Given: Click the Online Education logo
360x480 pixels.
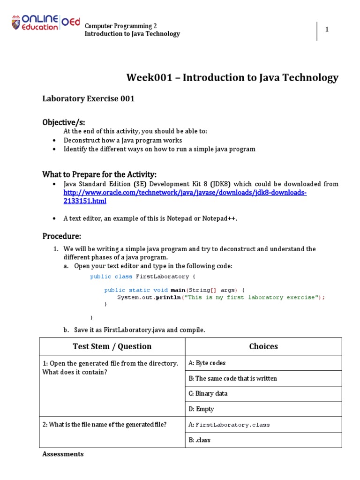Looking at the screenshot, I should pyautogui.click(x=45, y=23).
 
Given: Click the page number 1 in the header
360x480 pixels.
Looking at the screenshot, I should pyautogui.click(x=327, y=30).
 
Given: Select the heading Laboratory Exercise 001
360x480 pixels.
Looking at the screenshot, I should pyautogui.click(x=89, y=98).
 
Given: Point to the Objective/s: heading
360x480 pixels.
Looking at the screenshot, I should pyautogui.click(x=64, y=122).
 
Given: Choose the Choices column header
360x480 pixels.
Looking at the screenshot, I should pyautogui.click(x=263, y=346).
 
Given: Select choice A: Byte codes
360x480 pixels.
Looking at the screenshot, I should pyautogui.click(x=207, y=363).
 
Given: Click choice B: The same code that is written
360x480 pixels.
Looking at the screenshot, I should pyautogui.click(x=232, y=378).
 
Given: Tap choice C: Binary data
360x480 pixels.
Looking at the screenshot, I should pyautogui.click(x=208, y=393).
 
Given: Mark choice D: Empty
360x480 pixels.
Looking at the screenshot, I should pyautogui.click(x=201, y=409).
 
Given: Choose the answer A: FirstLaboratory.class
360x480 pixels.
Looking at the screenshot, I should pyautogui.click(x=229, y=425).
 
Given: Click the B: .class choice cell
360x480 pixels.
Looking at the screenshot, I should pyautogui.click(x=200, y=440).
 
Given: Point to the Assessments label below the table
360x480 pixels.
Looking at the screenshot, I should pyautogui.click(x=63, y=454).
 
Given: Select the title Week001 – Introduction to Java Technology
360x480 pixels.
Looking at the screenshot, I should pyautogui.click(x=232, y=78).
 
